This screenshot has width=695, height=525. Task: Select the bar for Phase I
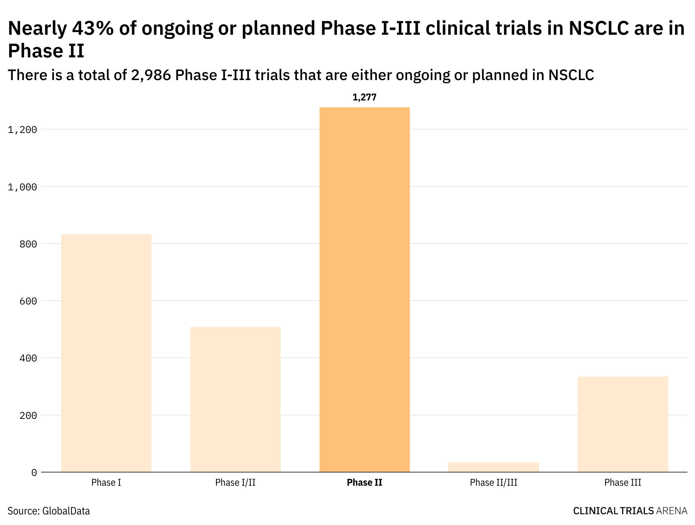pos(106,353)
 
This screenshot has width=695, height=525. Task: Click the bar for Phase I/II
pos(235,399)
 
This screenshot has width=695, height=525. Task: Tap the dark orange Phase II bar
pos(364,290)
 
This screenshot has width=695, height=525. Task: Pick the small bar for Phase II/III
pos(493,467)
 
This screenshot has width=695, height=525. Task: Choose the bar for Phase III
pos(622,424)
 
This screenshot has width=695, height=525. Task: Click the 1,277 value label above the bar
pos(364,97)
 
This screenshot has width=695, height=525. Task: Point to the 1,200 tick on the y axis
pos(23,130)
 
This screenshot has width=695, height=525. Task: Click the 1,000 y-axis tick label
pos(23,187)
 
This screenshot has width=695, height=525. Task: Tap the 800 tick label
pos(29,244)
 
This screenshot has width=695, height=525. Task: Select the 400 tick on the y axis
pos(29,358)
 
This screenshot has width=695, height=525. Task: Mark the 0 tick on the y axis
pos(34,472)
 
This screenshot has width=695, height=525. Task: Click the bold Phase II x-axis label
pos(364,483)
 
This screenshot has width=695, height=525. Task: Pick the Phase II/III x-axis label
pos(493,483)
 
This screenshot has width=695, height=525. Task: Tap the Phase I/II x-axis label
pos(235,483)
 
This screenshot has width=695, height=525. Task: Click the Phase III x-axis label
pos(622,483)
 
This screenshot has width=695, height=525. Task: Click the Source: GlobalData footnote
pos(49,511)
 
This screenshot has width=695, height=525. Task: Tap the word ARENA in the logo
pos(672,511)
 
